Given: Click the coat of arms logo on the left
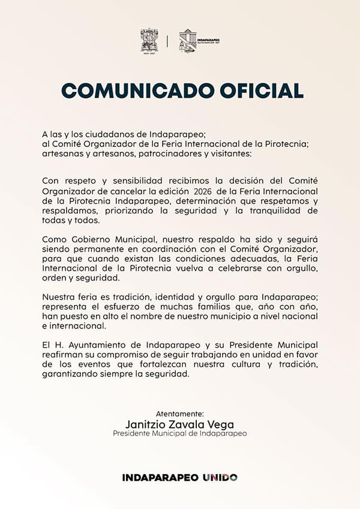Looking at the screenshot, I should click(149, 40).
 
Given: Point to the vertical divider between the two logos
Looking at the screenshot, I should click(167, 41).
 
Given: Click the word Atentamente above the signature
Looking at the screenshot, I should click(179, 414).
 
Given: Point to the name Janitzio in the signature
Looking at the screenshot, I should click(146, 424).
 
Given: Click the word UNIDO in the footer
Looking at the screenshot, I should click(220, 477).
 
